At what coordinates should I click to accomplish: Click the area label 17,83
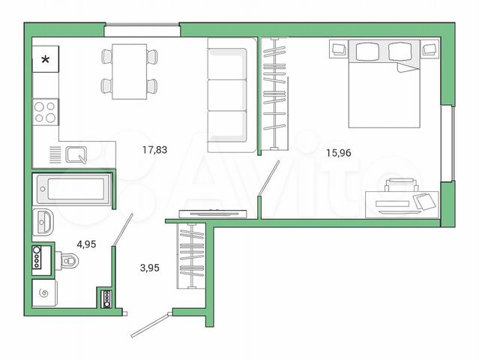click(x=155, y=150)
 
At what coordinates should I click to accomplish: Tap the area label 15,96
click(x=339, y=152)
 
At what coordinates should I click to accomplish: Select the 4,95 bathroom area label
click(x=86, y=244)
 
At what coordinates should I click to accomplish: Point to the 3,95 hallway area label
click(x=150, y=268)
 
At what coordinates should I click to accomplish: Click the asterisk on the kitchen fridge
click(x=46, y=59)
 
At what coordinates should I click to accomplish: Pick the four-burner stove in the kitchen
click(x=46, y=112)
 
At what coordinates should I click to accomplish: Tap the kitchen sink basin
click(x=76, y=154)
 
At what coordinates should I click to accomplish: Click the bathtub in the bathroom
click(x=73, y=189)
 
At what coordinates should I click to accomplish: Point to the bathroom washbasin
click(x=43, y=222)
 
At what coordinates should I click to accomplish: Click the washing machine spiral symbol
click(x=44, y=294)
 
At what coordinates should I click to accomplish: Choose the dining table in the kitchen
click(x=130, y=71)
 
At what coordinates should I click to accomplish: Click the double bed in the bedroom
click(x=385, y=83)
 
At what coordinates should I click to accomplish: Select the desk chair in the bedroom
click(x=401, y=185)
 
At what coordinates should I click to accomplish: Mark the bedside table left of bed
click(x=339, y=49)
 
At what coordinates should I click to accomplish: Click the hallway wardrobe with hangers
click(x=191, y=256)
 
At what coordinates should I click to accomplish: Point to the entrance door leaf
click(x=151, y=325)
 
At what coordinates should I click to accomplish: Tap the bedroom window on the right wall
click(x=448, y=144)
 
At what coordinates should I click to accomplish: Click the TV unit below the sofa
click(x=213, y=213)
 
